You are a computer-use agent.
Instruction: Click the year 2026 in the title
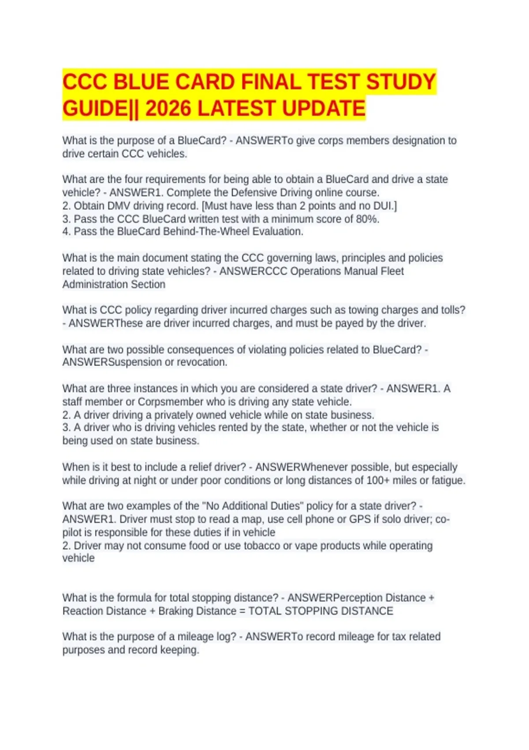168,109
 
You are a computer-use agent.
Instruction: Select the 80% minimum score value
367,219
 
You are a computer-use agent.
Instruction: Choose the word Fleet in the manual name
392,271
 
